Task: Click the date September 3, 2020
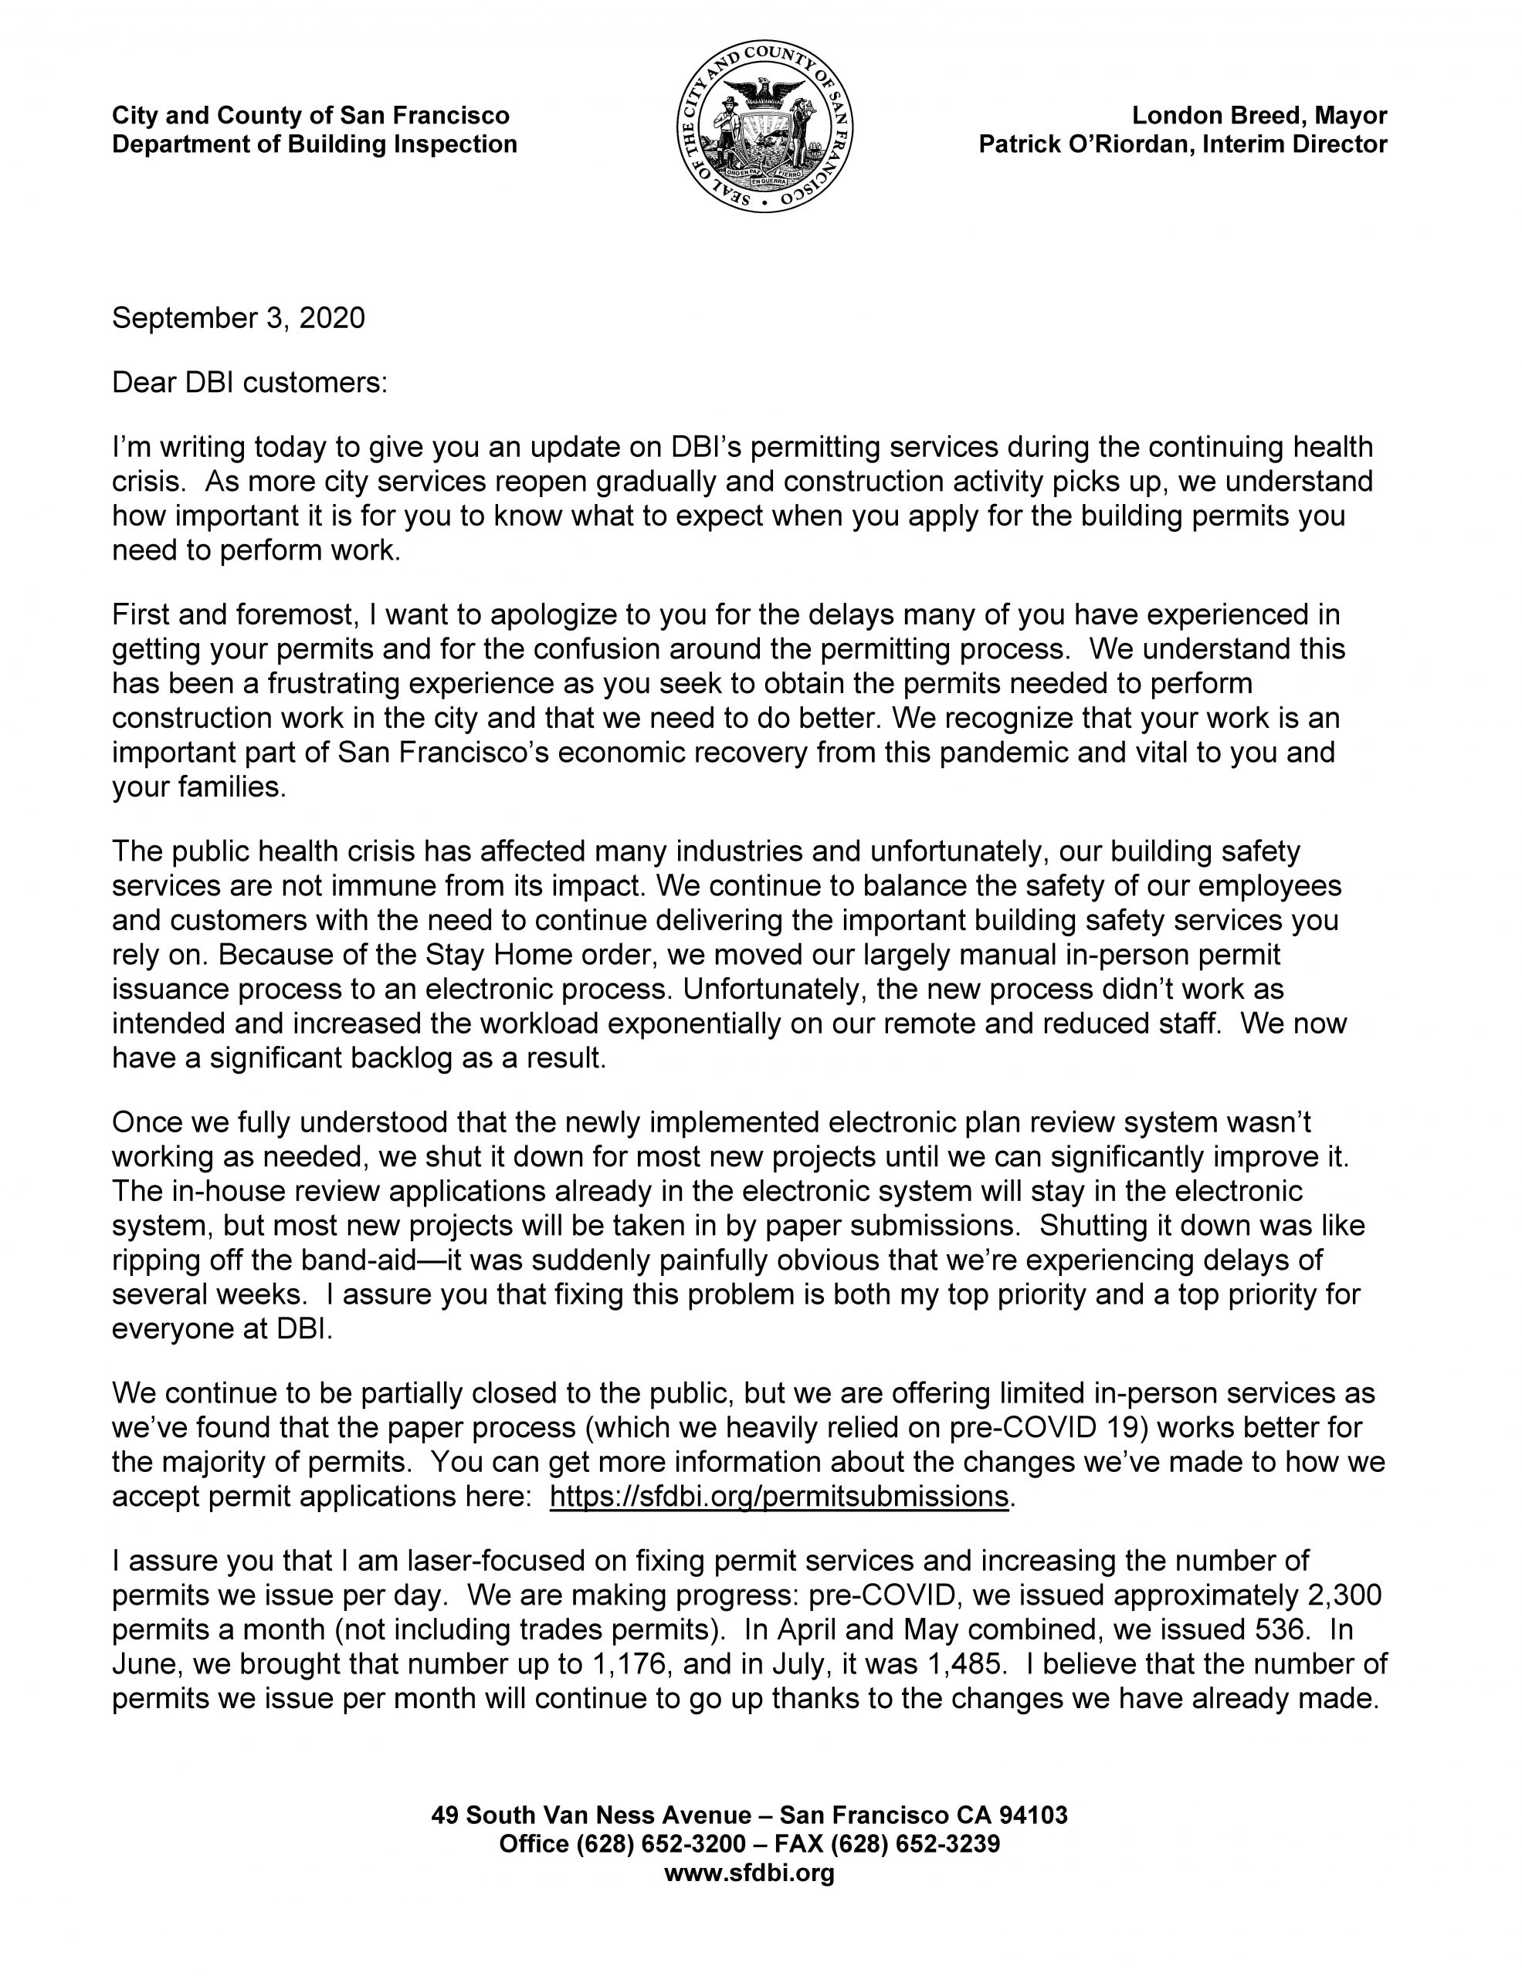(x=238, y=319)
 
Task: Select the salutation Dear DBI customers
(x=249, y=383)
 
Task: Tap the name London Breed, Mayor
(x=1259, y=116)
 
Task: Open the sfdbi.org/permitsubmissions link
(x=778, y=1497)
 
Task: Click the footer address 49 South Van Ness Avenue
(x=591, y=1814)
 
